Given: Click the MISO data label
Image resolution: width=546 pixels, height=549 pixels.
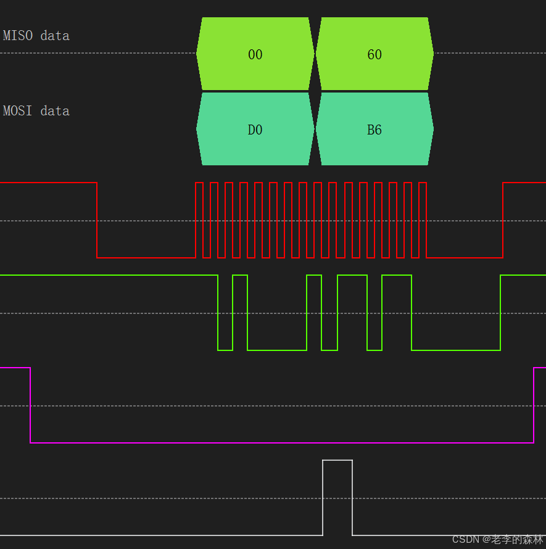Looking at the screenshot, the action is [x=36, y=36].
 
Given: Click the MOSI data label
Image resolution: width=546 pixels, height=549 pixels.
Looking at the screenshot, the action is [x=36, y=111].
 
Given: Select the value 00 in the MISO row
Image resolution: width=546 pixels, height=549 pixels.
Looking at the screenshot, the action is [x=255, y=55].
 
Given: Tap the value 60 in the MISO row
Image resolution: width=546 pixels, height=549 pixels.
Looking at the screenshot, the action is [x=374, y=55].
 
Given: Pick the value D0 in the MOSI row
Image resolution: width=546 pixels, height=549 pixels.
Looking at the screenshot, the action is [x=255, y=130].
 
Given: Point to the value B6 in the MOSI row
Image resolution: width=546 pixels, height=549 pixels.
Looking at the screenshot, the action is [x=374, y=130].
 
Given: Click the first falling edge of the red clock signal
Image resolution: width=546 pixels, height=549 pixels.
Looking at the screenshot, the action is [x=97, y=220].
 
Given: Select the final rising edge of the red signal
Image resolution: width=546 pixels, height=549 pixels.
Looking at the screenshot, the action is [x=503, y=220].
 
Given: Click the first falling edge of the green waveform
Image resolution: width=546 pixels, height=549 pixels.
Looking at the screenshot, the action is [x=218, y=313].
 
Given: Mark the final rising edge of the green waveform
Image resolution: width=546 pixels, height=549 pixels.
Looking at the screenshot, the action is [x=500, y=313].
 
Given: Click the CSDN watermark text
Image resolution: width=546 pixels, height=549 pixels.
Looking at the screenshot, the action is [x=498, y=539].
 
